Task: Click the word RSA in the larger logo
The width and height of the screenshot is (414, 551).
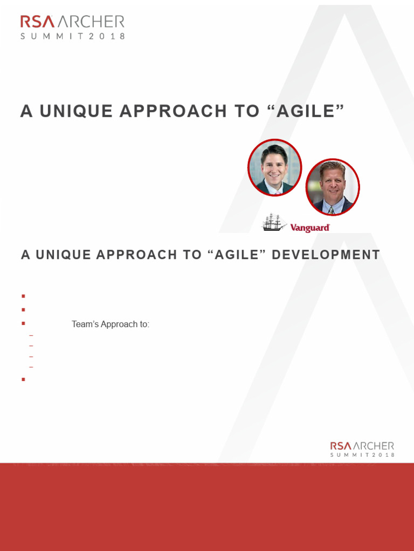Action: (37, 22)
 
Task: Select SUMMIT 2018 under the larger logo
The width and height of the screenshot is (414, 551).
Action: (73, 37)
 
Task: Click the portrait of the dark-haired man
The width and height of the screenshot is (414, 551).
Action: (274, 168)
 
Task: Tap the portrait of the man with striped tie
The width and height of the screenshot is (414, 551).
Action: (333, 187)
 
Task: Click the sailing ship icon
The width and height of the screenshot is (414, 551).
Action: (274, 223)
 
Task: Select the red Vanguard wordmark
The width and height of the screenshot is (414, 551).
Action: (310, 228)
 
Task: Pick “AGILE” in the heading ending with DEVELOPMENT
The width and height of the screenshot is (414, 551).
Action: (236, 255)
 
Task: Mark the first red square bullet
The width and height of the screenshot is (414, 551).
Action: (24, 296)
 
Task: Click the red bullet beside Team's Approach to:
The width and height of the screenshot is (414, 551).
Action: (24, 324)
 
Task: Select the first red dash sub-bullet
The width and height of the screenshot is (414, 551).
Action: (31, 336)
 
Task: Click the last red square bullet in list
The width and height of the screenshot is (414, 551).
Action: (24, 379)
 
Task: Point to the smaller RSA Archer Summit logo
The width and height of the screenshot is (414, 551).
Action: (362, 449)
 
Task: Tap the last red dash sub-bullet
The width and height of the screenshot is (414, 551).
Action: (31, 368)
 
